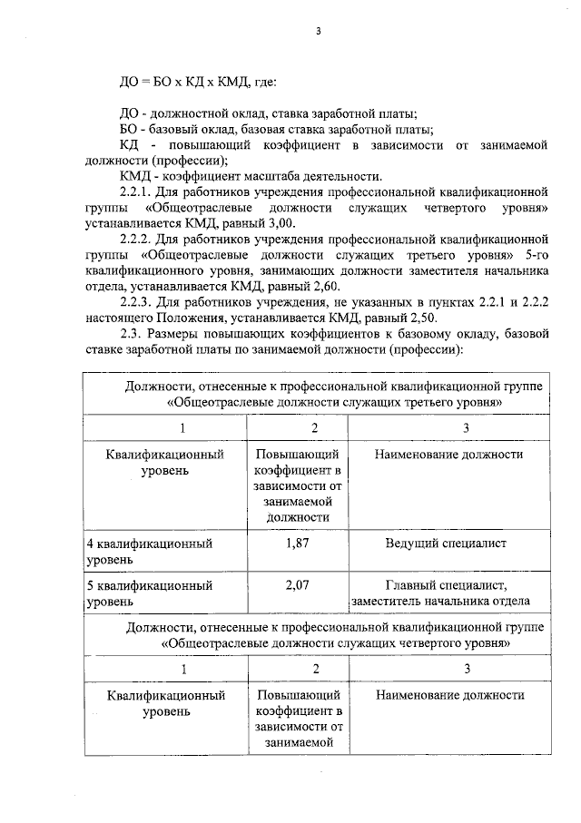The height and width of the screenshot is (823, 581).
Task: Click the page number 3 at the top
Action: tap(318, 32)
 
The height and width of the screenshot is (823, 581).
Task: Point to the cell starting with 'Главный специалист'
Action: tap(445, 585)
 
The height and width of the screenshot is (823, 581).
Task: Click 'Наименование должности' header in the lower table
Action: tap(449, 695)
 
